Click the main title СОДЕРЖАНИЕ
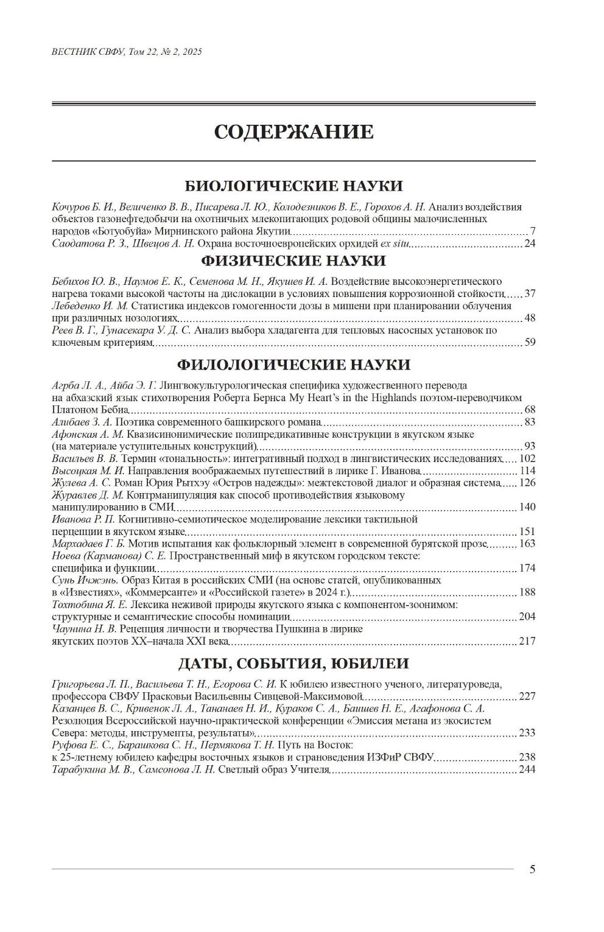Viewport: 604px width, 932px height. click(x=293, y=132)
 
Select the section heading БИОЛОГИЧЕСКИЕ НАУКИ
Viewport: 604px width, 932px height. click(x=293, y=186)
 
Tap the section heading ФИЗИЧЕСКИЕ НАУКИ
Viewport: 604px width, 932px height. click(x=293, y=261)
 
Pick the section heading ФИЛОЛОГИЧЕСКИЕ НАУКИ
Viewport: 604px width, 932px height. click(x=293, y=365)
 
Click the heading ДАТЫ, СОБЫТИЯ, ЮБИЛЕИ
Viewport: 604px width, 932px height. click(x=293, y=663)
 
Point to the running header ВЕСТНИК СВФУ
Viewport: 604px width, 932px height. click(x=88, y=52)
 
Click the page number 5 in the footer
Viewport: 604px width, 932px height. click(x=532, y=869)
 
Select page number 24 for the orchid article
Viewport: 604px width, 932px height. click(x=529, y=244)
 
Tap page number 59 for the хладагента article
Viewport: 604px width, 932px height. click(x=529, y=343)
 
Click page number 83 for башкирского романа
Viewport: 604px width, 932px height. click(x=529, y=422)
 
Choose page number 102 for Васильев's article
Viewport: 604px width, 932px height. click(x=527, y=459)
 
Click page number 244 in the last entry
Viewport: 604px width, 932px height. click(x=527, y=770)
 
